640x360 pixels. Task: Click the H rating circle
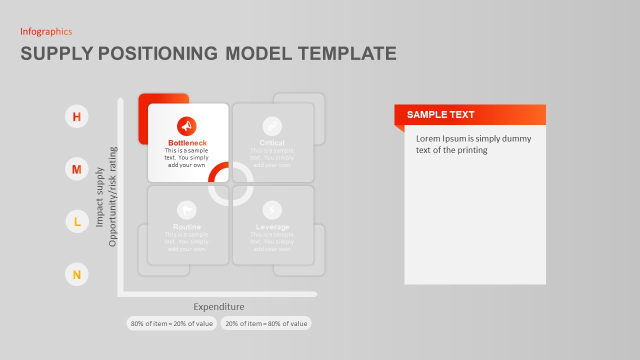point(76,116)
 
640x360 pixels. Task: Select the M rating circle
point(76,169)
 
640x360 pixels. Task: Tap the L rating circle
point(77,221)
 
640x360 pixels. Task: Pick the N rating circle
point(76,274)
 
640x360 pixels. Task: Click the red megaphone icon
point(186,126)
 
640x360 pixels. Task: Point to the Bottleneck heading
point(187,143)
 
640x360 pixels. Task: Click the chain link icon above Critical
point(272,126)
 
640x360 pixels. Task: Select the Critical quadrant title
point(272,143)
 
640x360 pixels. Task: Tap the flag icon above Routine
point(186,210)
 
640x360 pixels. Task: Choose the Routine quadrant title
point(186,227)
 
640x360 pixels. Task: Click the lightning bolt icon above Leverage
point(272,210)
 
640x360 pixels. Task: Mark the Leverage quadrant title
point(272,227)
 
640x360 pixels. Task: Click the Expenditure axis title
point(218,307)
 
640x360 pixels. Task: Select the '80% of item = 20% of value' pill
point(171,323)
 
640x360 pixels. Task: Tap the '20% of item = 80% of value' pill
point(266,323)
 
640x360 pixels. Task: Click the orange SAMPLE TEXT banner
point(470,114)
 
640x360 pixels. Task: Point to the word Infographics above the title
point(46,31)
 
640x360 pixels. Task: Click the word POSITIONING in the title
point(157,53)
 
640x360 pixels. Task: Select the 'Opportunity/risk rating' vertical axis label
point(112,196)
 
